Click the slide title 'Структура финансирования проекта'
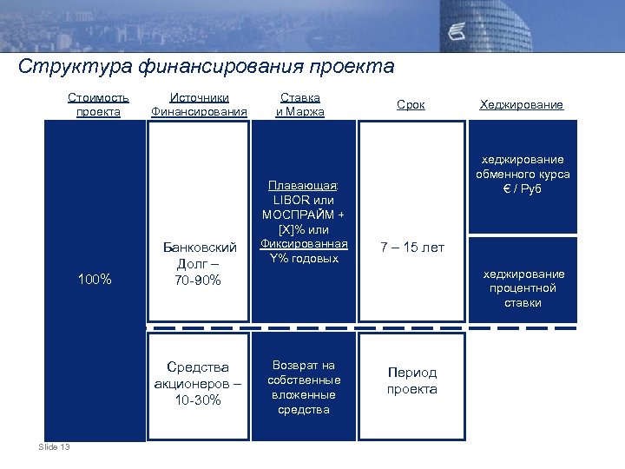tap(206, 67)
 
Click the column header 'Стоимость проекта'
tap(98, 104)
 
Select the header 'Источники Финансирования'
tap(199, 104)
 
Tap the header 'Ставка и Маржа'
tap(299, 104)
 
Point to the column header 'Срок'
tap(411, 104)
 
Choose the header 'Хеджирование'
tap(521, 104)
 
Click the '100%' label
tap(95, 279)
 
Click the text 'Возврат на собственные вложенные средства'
tap(303, 386)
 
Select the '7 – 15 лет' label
tap(411, 248)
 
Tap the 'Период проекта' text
tap(411, 380)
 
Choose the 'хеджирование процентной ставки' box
tap(523, 287)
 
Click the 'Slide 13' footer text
tap(55, 446)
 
